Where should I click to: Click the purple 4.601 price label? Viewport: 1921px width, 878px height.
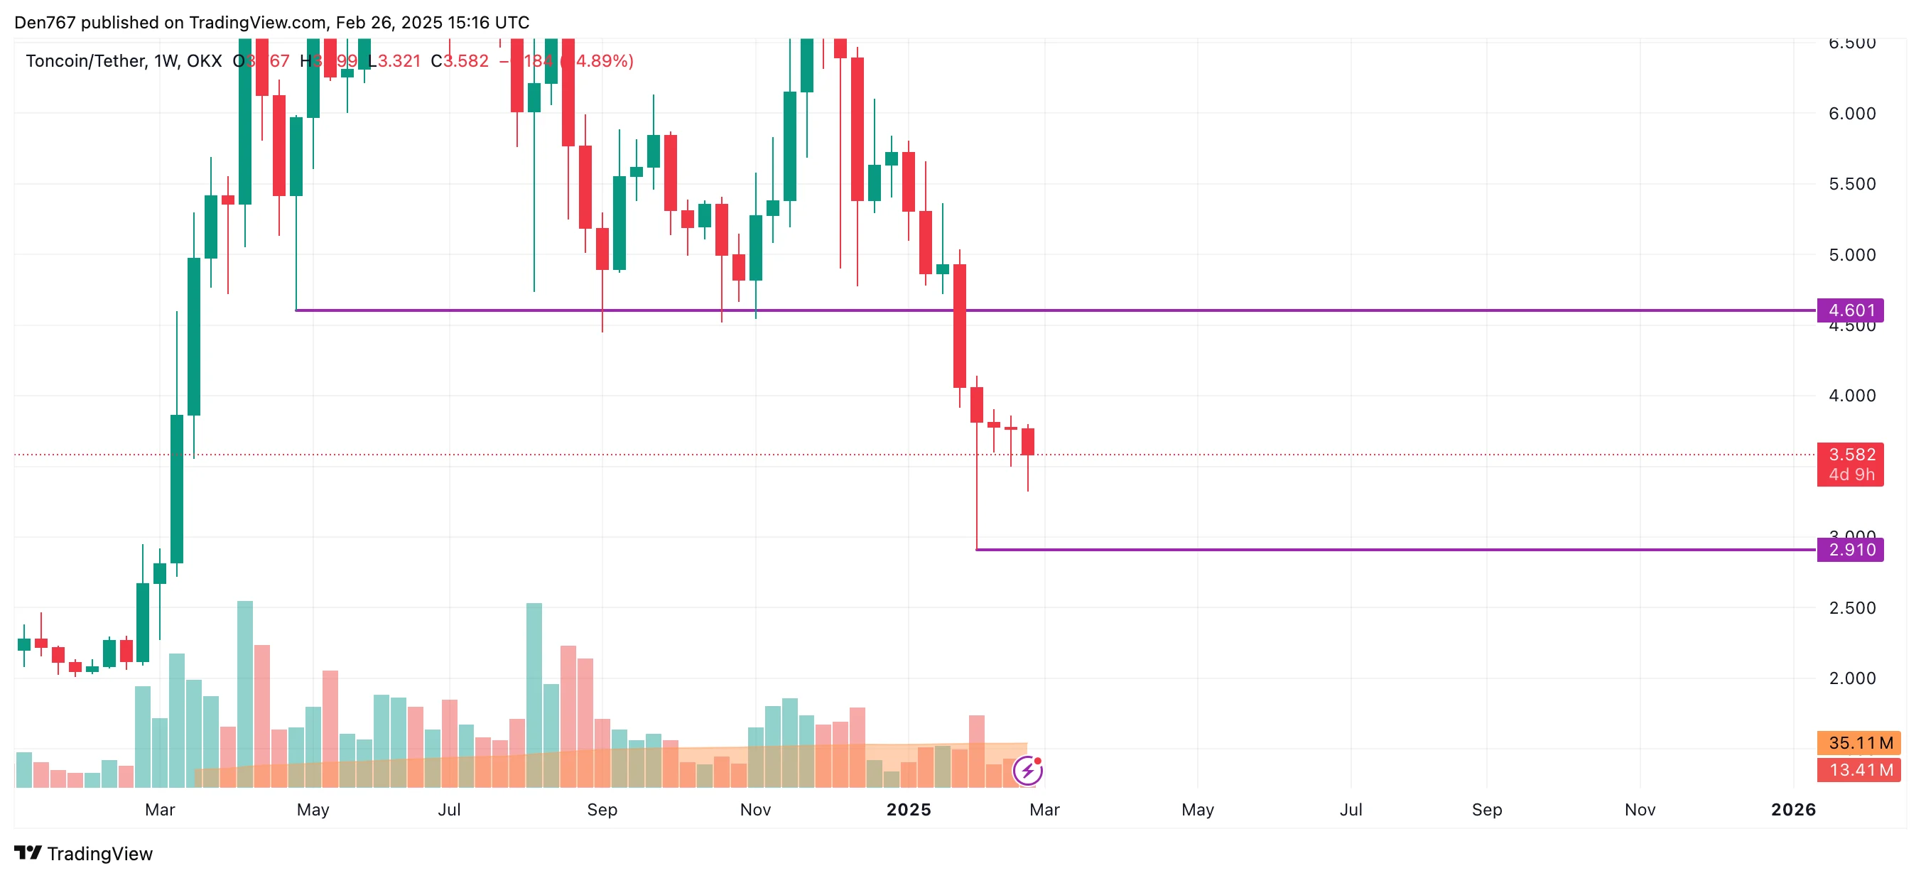pos(1850,310)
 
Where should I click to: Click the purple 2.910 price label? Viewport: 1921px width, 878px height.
pos(1850,550)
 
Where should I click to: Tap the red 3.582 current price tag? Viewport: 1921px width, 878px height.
pos(1851,455)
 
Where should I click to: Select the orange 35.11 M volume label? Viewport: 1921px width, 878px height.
pos(1860,743)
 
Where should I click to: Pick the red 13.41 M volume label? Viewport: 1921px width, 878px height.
pos(1860,770)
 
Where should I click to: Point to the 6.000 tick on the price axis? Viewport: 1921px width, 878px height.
pos(1851,114)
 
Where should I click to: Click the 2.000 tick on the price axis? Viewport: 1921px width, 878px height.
pos(1851,678)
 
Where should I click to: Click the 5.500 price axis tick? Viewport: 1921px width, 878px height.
pos(1851,184)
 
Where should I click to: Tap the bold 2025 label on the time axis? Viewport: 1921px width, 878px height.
pos(909,809)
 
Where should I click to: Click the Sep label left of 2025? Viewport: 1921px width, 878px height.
pos(602,809)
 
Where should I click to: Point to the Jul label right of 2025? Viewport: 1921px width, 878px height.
pos(1351,809)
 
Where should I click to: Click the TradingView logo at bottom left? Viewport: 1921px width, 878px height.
pos(84,853)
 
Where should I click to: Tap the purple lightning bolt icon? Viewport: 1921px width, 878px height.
pos(1027,771)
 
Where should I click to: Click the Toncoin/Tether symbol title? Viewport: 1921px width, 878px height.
pos(86,61)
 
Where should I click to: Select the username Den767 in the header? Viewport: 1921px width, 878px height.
pos(45,23)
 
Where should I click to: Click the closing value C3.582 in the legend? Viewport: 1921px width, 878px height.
pos(460,61)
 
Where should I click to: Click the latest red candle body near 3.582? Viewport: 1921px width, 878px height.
pos(1027,442)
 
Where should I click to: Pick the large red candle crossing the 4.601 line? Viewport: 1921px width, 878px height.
pos(960,325)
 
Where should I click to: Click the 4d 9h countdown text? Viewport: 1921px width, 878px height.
pos(1851,475)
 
